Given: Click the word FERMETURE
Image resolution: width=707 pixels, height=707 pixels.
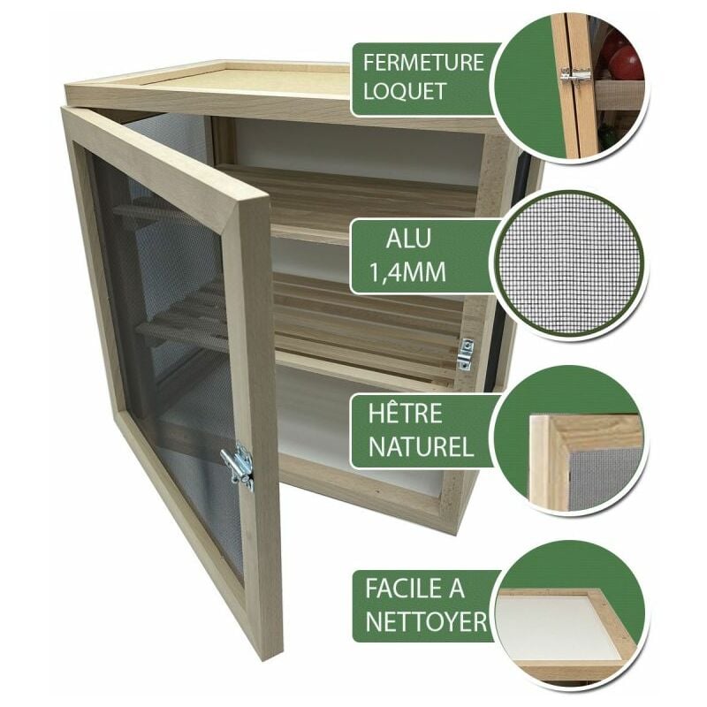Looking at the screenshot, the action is click(423, 63).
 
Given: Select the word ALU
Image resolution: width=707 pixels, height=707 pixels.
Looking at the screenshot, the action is click(408, 239).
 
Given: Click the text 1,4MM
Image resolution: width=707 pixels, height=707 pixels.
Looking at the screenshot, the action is click(407, 272).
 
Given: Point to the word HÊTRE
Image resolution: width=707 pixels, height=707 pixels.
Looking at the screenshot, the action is click(405, 414).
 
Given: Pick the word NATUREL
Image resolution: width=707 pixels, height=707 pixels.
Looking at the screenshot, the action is click(421, 446).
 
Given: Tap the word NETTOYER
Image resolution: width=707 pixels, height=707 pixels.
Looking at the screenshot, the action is click(426, 622).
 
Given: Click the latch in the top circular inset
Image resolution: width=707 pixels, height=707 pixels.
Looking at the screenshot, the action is click(576, 75).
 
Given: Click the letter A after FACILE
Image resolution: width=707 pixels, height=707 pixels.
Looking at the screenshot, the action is click(456, 589).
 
